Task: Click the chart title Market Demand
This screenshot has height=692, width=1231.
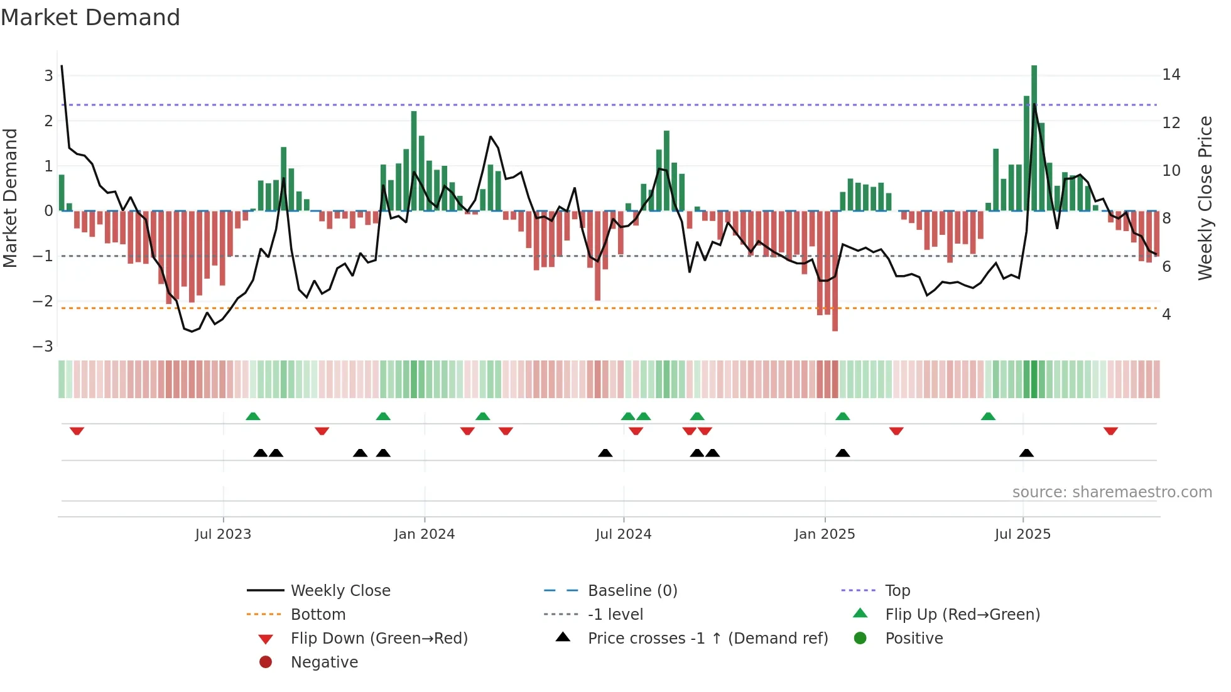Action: [x=90, y=18]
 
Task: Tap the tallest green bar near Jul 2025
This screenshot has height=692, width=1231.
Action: [x=1034, y=138]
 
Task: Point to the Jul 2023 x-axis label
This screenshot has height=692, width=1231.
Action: [x=223, y=534]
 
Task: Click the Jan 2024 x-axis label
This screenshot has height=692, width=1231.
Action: [x=424, y=534]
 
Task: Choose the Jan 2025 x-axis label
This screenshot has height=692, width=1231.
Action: [x=824, y=534]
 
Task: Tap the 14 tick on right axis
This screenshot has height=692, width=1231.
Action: [x=1171, y=75]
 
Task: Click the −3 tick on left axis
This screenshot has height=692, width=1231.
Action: [x=43, y=346]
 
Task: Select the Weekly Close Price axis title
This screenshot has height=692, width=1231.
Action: [x=1205, y=198]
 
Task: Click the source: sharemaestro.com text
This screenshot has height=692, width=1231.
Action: [x=1112, y=492]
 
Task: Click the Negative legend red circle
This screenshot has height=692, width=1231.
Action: [x=266, y=662]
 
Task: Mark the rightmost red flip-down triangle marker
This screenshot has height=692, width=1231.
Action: [x=1110, y=431]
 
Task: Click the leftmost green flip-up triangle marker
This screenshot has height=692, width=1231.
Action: [x=252, y=416]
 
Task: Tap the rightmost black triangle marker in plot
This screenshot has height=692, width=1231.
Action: [x=1026, y=453]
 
